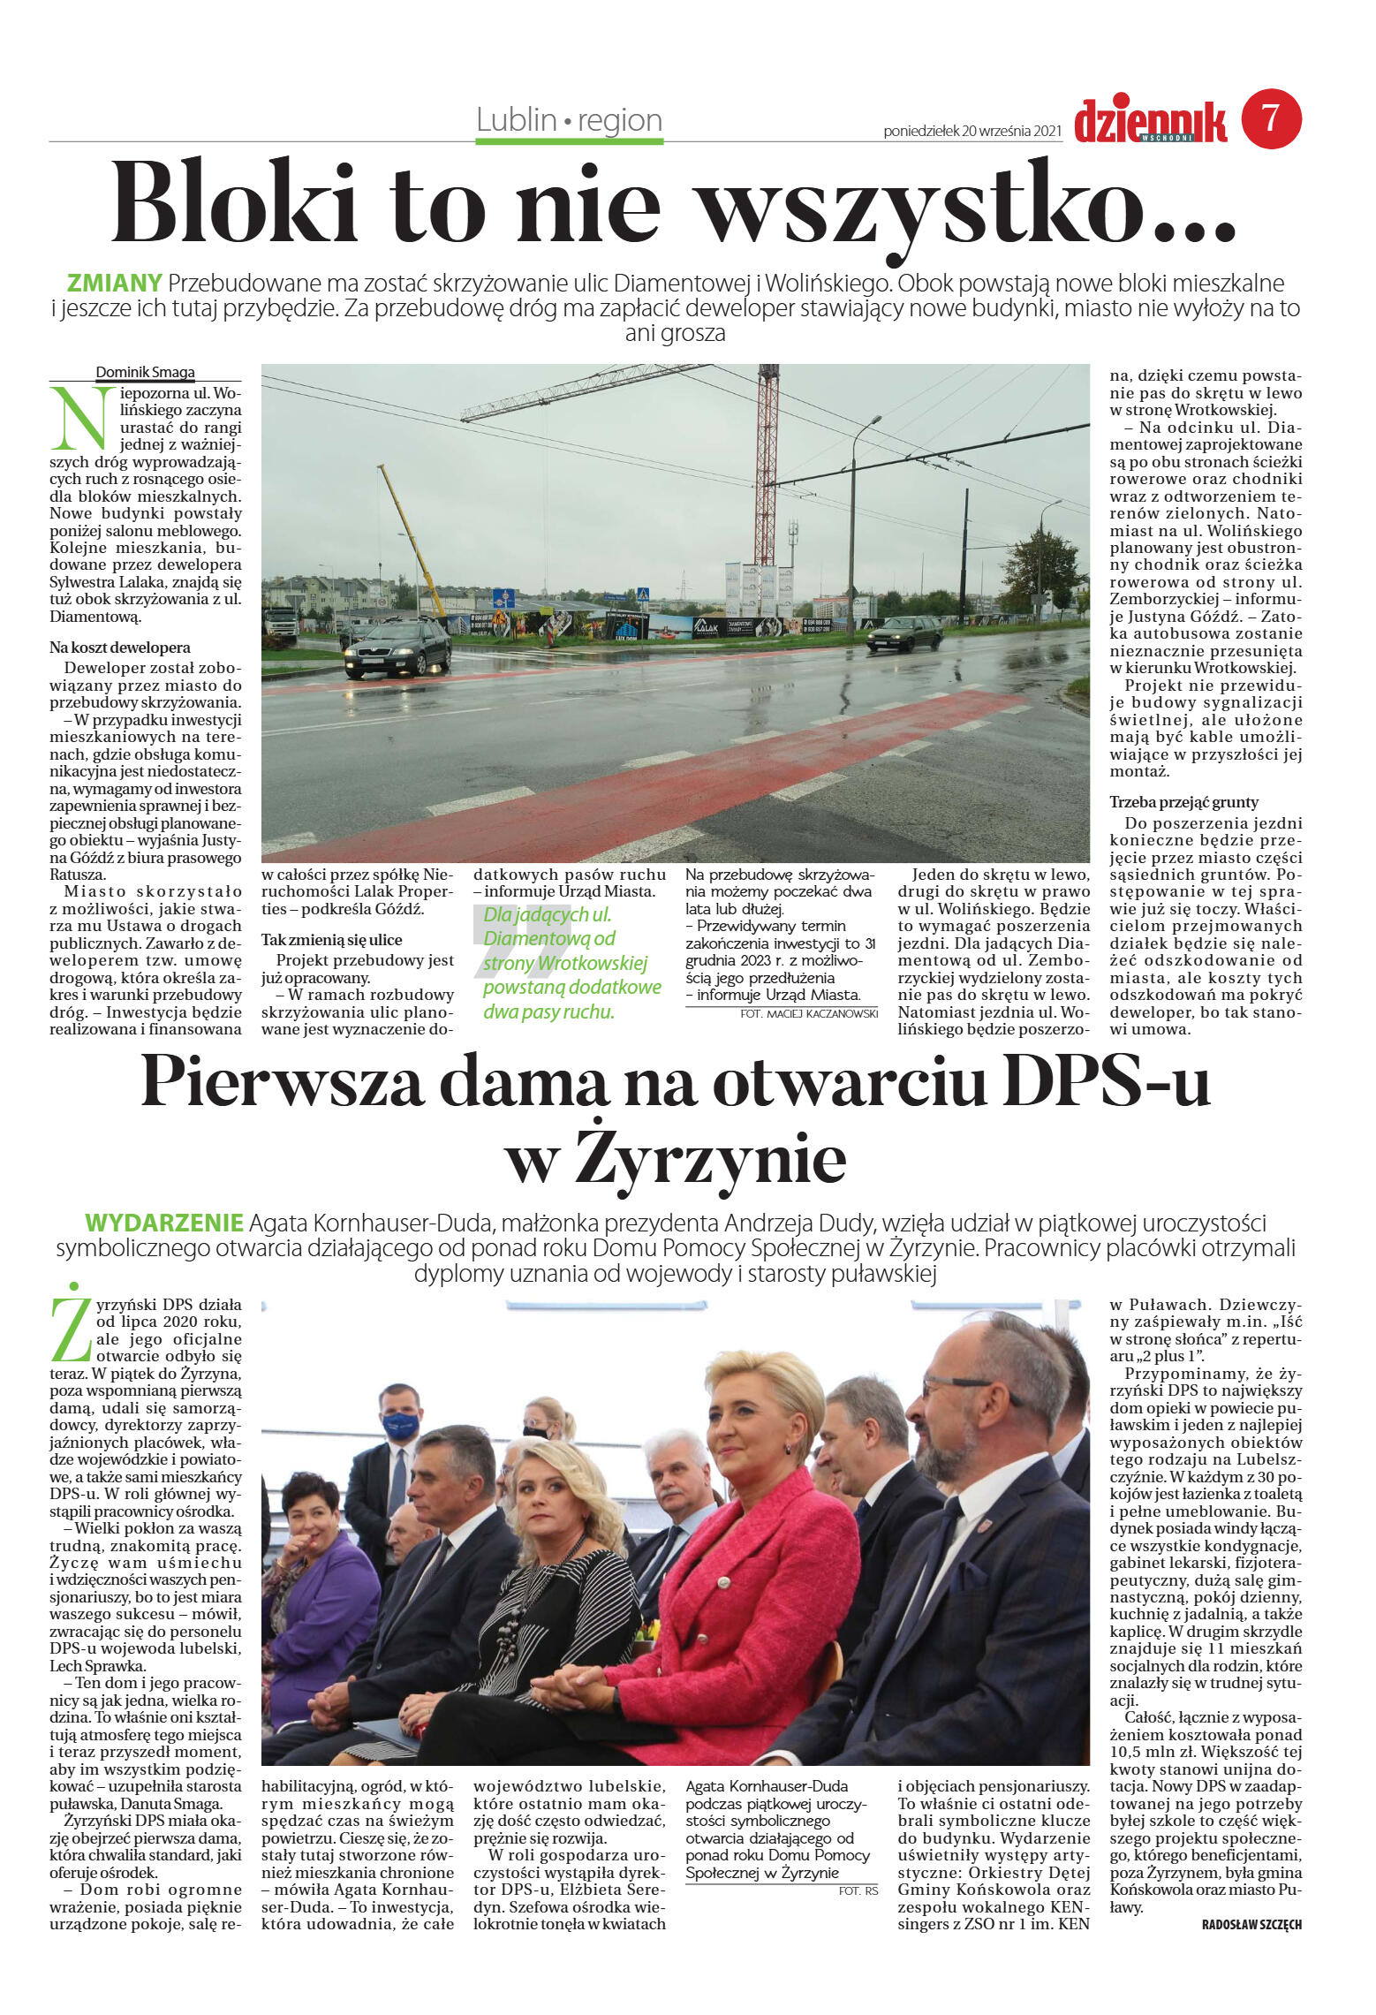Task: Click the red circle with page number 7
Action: point(1271,118)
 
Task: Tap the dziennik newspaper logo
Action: point(1150,122)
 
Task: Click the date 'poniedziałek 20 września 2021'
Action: point(972,131)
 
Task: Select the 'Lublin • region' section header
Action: point(569,120)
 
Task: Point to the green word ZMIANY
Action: point(115,284)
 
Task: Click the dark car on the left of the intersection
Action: point(397,648)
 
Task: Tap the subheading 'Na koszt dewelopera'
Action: point(119,648)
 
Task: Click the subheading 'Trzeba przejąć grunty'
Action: point(1183,802)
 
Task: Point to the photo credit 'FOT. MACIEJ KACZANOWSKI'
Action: point(809,1014)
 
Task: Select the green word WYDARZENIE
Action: point(163,1223)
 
